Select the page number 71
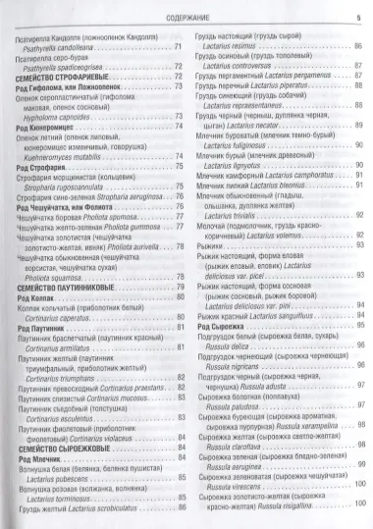(177, 47)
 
